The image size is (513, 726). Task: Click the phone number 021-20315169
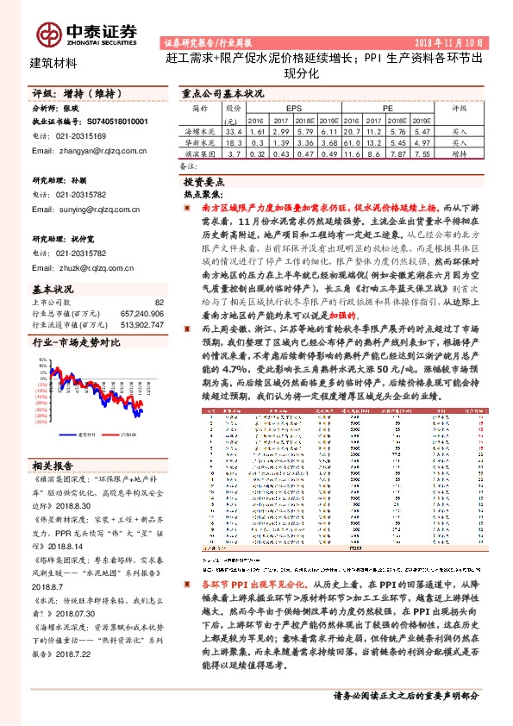80,136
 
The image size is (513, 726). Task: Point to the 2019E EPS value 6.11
328,130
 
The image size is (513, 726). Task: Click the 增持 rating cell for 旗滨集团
460,153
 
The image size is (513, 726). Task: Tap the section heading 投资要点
204,183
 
